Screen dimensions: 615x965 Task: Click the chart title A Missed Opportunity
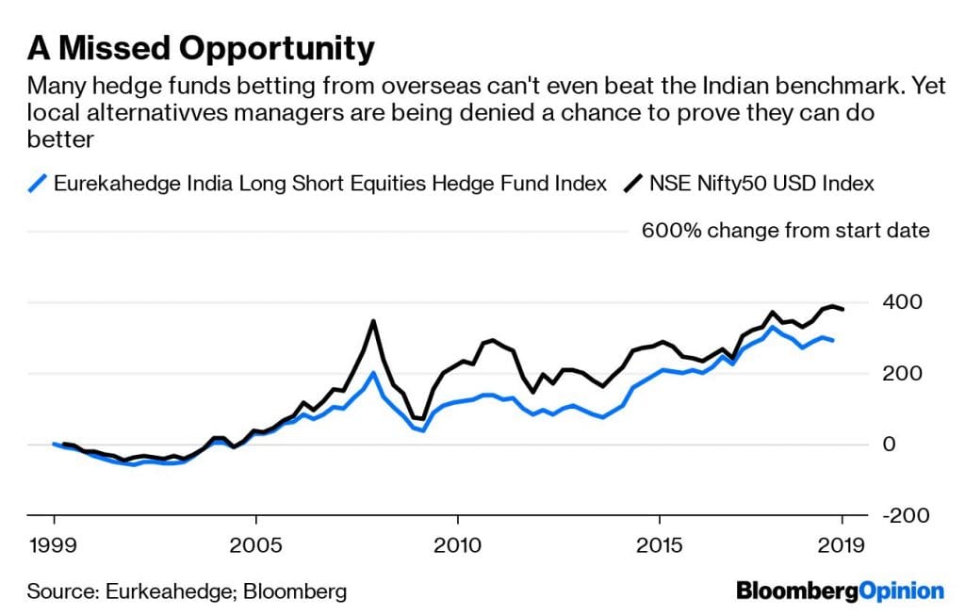[201, 47]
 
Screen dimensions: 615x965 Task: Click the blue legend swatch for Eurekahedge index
[38, 184]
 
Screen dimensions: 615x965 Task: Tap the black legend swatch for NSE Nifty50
[633, 184]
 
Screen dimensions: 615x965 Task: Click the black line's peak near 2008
[373, 321]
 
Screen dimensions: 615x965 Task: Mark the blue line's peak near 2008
[373, 373]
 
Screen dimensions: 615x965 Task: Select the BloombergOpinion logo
[839, 591]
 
